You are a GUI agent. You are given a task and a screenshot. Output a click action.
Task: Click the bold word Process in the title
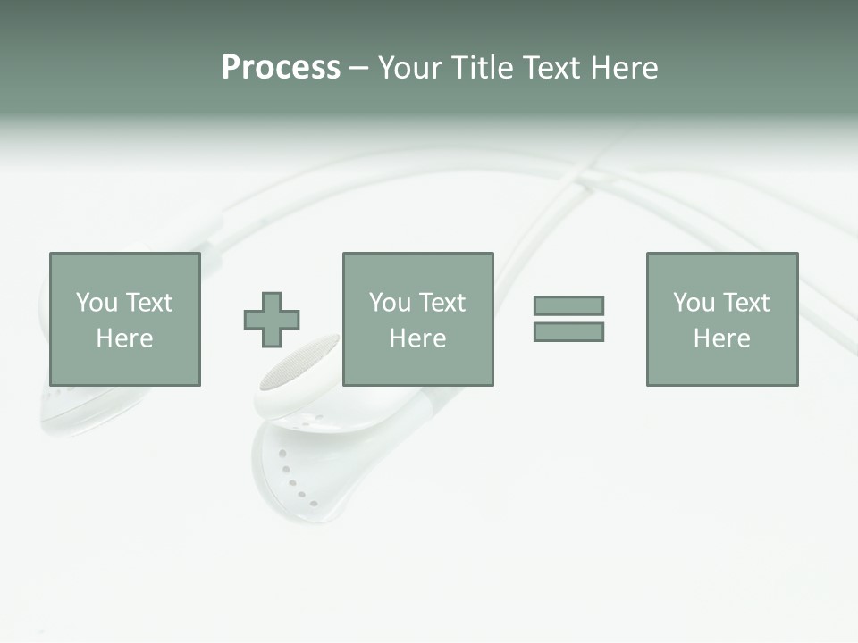281,68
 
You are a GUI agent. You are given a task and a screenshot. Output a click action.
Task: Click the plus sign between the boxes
272,320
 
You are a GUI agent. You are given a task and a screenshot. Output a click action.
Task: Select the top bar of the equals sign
568,305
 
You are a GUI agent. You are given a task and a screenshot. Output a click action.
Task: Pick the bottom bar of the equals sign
568,331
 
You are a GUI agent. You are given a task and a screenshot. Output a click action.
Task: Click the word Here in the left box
124,338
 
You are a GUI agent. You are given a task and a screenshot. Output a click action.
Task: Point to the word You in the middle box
390,303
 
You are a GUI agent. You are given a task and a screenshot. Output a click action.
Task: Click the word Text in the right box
745,303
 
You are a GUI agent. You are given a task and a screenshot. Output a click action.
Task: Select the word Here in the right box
721,338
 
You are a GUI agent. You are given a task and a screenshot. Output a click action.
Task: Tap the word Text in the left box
148,303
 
